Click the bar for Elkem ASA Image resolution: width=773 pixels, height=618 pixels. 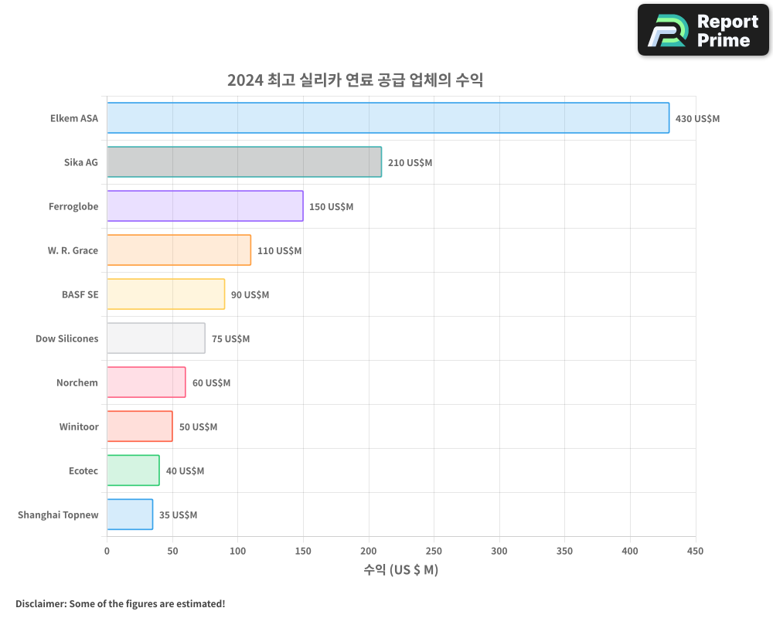click(388, 118)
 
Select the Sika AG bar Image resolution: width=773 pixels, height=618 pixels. click(244, 162)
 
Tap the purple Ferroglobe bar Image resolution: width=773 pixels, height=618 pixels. click(205, 206)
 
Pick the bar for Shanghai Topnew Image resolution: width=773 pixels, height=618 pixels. click(130, 514)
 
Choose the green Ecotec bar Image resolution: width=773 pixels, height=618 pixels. click(133, 470)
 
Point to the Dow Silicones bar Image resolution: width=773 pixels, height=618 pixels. click(156, 338)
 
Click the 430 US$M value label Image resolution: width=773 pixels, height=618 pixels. click(697, 119)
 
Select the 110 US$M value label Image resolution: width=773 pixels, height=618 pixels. click(279, 251)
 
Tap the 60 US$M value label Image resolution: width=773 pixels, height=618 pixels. click(211, 383)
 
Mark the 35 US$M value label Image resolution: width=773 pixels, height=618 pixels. click(178, 515)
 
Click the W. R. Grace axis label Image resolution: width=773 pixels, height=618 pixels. click(73, 251)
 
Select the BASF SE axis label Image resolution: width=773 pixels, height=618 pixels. click(80, 294)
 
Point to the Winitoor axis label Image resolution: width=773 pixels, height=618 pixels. click(79, 426)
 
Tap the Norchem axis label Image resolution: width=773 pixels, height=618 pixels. click(77, 382)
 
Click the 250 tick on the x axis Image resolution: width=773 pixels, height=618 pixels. click(434, 551)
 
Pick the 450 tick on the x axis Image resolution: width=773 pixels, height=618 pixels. click(696, 551)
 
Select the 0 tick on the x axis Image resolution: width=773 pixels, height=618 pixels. click(107, 551)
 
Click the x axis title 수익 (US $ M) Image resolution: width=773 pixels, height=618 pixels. click(400, 570)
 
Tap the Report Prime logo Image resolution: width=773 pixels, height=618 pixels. click(703, 30)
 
